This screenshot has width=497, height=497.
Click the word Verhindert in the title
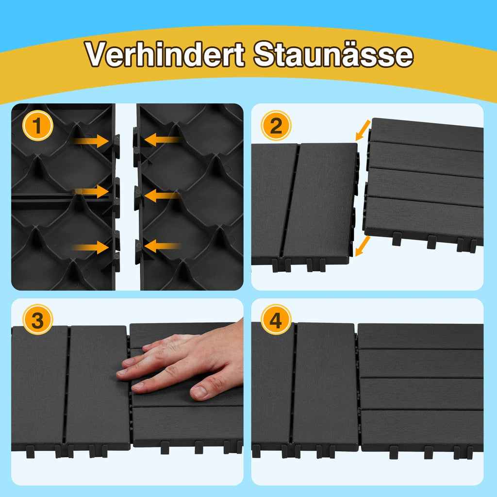165,55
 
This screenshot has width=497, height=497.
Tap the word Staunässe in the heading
333,55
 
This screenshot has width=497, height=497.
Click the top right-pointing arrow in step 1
92,141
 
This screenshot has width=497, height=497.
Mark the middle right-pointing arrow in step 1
92,191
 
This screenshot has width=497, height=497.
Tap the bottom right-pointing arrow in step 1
92,247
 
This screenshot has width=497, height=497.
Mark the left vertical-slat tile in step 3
70,386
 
